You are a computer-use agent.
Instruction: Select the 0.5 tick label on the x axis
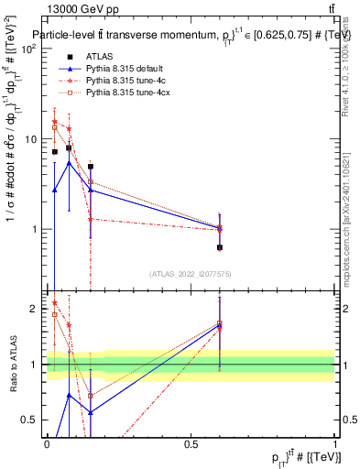coord(191,444)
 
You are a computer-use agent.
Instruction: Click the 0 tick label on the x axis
coord(47,444)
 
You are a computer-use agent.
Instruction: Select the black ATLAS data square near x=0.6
coord(220,247)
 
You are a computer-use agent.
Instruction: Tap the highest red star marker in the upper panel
coord(55,122)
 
